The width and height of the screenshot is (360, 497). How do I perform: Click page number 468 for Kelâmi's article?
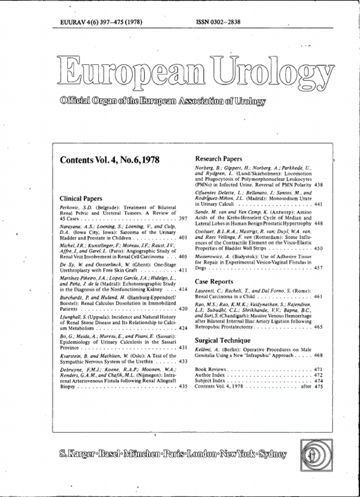tap(318, 355)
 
